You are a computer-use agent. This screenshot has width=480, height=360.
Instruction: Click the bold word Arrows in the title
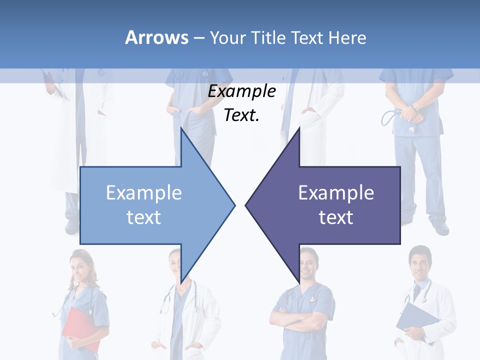156,37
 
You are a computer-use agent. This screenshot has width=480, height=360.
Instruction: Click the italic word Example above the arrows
241,91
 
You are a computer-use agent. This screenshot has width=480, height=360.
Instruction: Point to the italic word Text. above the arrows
241,115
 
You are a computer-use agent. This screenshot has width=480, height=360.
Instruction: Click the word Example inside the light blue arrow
144,193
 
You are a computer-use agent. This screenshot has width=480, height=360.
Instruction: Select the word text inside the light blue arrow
144,217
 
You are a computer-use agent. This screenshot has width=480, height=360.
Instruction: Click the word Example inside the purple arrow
336,193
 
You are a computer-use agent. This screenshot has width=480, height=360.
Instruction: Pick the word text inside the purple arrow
336,217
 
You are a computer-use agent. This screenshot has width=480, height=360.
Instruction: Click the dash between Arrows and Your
198,38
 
